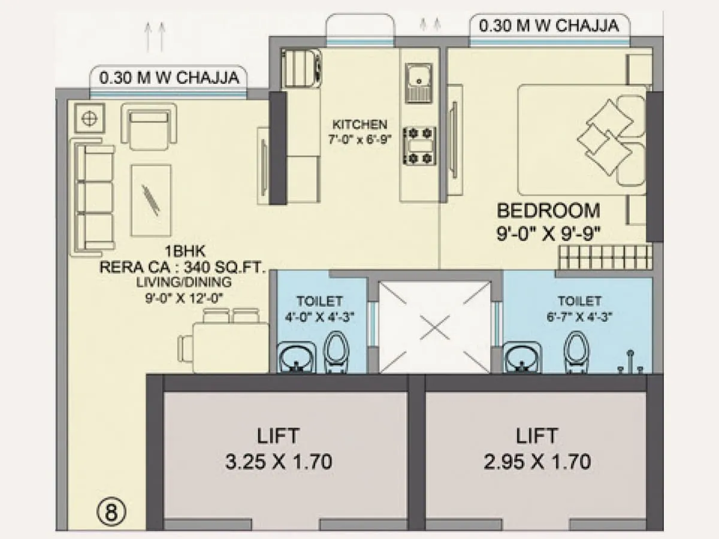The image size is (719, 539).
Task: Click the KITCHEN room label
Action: point(359,125)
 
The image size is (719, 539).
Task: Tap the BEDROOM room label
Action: point(548,211)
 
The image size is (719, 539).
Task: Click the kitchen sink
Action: point(419,80)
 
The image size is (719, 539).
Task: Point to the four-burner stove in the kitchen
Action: point(419,145)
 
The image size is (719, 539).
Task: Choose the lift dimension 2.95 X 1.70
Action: point(537,462)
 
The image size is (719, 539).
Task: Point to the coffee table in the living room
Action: point(151,200)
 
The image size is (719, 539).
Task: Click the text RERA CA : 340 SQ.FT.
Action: point(182,268)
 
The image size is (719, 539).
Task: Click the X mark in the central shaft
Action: point(434,327)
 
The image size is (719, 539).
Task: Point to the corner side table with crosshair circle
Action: point(90,118)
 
